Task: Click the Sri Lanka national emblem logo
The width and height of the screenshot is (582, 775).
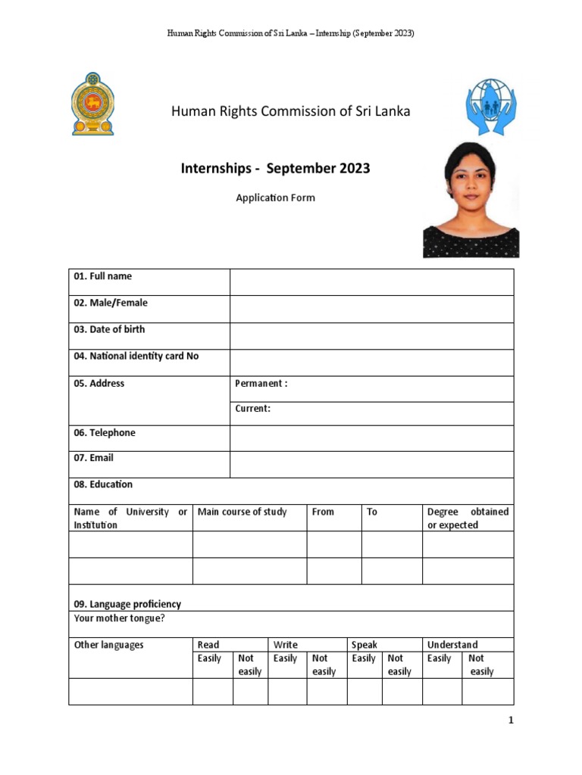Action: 92,104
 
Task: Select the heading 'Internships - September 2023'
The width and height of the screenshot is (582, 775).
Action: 274,168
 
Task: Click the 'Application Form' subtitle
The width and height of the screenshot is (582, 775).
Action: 275,198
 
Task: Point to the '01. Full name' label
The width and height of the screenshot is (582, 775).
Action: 103,276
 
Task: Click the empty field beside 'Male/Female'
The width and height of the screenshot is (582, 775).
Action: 371,309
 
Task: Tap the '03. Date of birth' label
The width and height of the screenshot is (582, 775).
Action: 109,329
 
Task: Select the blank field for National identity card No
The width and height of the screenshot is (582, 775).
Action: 371,363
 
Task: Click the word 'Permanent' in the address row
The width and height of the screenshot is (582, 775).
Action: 259,383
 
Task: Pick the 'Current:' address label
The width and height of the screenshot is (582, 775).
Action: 252,408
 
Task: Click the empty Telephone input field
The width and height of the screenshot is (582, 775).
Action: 371,438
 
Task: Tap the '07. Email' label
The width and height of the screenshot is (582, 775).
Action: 93,457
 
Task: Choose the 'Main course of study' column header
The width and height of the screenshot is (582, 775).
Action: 242,512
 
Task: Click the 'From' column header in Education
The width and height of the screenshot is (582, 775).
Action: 323,512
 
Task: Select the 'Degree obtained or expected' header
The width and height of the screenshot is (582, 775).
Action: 468,518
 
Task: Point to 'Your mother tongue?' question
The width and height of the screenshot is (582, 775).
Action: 119,618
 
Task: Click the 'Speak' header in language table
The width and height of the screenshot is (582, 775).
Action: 365,645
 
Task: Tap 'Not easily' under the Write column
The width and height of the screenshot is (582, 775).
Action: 324,665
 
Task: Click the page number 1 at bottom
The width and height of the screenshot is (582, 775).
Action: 511,721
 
